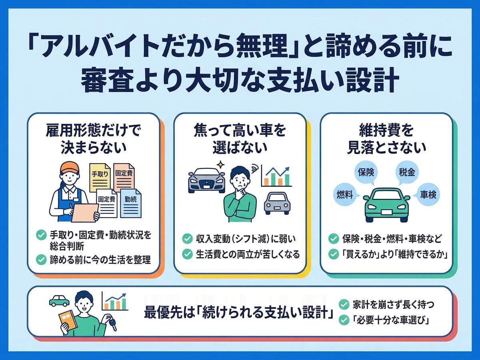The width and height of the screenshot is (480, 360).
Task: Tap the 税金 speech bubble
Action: pos(406,173)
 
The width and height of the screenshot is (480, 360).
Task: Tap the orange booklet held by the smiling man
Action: pos(68,322)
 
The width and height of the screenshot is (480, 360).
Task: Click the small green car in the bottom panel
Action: pos(59,300)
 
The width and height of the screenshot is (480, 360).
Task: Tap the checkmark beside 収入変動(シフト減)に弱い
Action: pos(187,239)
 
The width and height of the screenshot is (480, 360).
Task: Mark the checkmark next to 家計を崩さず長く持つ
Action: pos(344,304)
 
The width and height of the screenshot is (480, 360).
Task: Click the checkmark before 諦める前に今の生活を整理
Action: pos(41,260)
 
